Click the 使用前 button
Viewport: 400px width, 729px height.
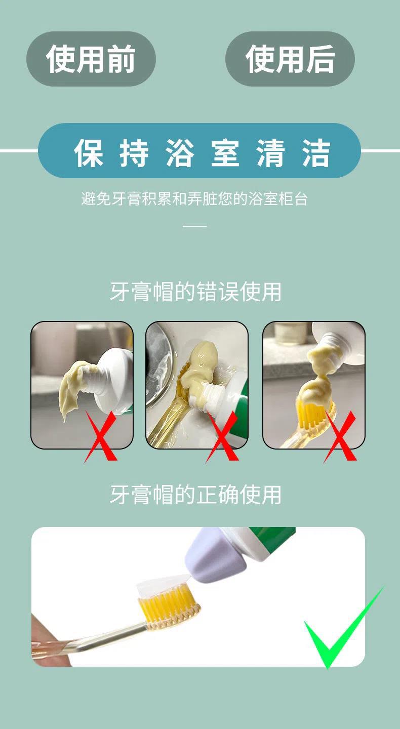pos(91,59)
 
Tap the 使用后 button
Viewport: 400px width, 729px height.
pos(290,59)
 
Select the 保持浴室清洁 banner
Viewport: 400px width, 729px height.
pos(199,151)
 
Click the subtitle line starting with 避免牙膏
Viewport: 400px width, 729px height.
pos(194,198)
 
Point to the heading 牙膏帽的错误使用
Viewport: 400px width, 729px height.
pos(195,292)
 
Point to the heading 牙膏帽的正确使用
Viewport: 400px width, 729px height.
pos(195,495)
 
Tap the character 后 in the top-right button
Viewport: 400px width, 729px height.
pos(320,59)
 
